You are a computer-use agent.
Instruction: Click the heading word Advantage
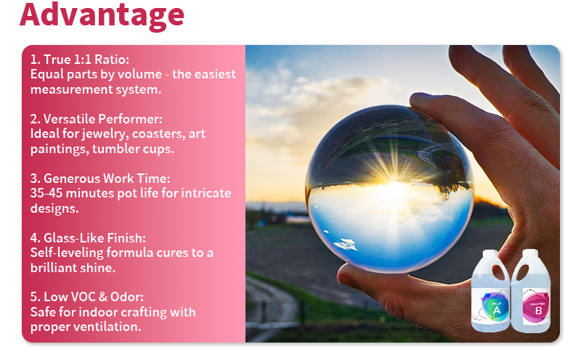click(102, 15)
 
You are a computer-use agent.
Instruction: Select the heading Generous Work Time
click(105, 178)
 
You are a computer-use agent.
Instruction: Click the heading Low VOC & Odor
click(91, 297)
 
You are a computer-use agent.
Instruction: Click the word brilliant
click(55, 267)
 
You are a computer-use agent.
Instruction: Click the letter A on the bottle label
click(497, 311)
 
